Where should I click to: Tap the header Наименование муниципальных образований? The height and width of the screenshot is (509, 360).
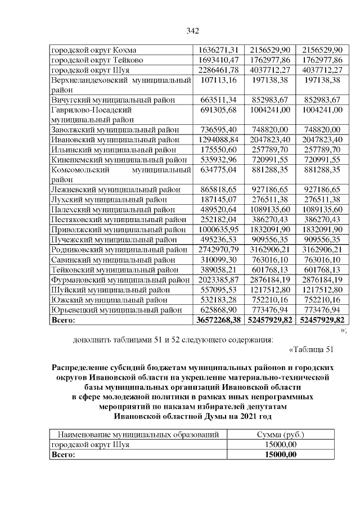(x=134, y=435)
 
